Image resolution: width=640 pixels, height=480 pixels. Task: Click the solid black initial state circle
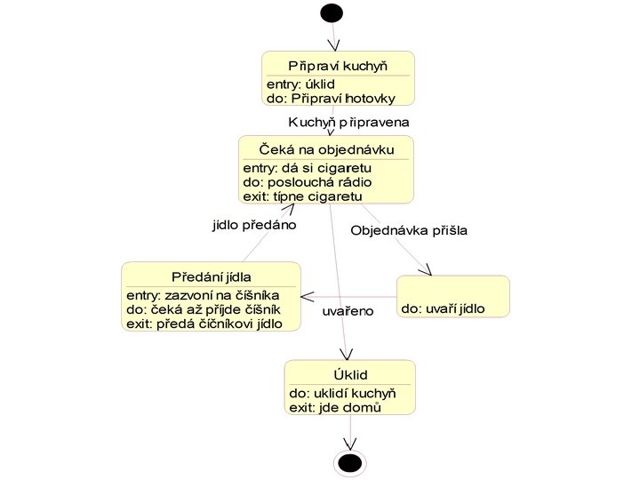(332, 12)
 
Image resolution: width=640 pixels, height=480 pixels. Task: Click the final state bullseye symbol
(350, 462)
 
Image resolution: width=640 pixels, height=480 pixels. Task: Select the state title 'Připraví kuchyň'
(339, 66)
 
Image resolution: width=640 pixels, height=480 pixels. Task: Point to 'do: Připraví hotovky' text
(326, 98)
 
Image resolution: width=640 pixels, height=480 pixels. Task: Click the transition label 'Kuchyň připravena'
(348, 122)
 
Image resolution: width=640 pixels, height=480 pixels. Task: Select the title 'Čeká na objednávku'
(325, 148)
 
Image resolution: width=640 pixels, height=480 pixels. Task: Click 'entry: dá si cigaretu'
(307, 167)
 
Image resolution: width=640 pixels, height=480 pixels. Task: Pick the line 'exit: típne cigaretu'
(302, 196)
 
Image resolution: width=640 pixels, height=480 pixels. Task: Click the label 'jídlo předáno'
(253, 225)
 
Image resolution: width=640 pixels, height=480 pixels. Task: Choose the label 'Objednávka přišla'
(409, 230)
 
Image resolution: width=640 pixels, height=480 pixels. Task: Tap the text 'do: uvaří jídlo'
(442, 309)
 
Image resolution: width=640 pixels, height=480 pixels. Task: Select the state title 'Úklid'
(350, 375)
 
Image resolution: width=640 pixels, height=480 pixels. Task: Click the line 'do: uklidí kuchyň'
(342, 393)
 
